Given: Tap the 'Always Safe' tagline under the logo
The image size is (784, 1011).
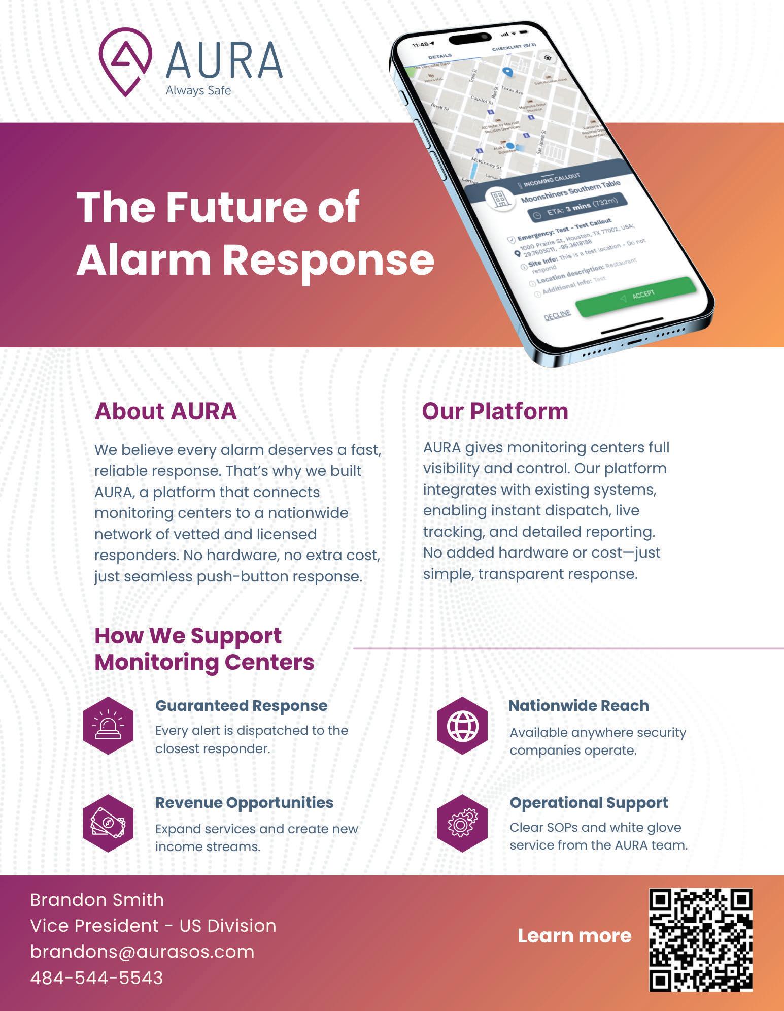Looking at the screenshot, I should click(x=198, y=91).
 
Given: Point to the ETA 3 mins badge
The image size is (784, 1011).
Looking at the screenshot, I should click(x=577, y=207).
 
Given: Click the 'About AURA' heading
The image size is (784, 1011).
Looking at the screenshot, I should click(x=165, y=411).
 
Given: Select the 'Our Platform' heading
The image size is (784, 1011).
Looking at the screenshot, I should click(x=495, y=411).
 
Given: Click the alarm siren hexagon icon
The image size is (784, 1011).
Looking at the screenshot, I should click(x=108, y=726).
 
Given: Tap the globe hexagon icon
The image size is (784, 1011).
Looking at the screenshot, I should click(x=462, y=726).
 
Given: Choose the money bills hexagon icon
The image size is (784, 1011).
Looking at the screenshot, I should click(x=108, y=823).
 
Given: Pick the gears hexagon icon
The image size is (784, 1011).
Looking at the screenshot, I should click(x=462, y=823).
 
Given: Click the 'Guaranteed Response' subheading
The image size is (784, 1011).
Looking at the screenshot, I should click(x=241, y=706).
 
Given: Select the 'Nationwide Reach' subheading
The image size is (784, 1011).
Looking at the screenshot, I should click(x=578, y=706).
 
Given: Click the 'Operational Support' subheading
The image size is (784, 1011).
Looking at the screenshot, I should click(x=589, y=803).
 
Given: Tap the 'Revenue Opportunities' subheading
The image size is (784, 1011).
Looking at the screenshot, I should click(x=244, y=803).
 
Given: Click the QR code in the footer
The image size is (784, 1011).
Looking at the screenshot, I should click(x=701, y=940).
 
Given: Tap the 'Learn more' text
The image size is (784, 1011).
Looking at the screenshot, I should click(x=574, y=936).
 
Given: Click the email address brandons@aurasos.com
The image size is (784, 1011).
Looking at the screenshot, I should click(x=142, y=952).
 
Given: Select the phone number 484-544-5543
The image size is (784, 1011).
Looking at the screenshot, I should click(x=96, y=978).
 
